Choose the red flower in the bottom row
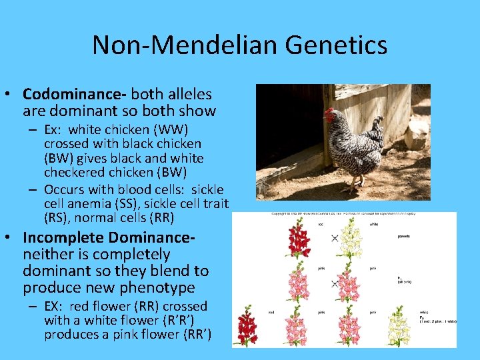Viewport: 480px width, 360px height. pyautogui.click(x=248, y=327)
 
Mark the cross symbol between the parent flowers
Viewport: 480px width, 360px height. pyautogui.click(x=335, y=238)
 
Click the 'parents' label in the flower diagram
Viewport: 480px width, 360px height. pyautogui.click(x=405, y=235)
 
